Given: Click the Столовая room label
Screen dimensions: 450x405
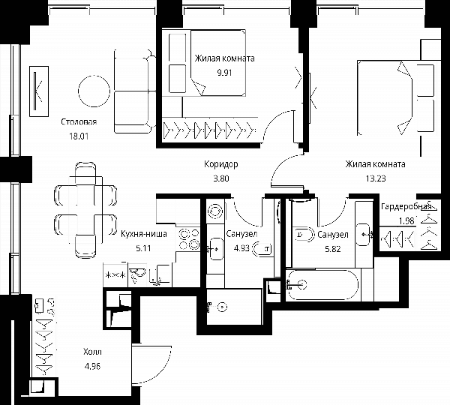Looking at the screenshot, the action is [x=79, y=122].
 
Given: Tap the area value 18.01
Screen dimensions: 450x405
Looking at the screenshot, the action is [x=79, y=136].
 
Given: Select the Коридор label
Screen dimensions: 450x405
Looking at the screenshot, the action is [x=221, y=164].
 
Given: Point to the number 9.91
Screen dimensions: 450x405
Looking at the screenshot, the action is [x=224, y=72].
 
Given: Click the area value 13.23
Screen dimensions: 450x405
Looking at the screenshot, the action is [x=376, y=178].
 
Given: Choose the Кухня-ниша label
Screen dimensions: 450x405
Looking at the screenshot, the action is [x=144, y=234].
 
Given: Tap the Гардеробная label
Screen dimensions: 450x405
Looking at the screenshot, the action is [x=406, y=207].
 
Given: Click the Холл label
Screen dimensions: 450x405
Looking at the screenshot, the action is [x=92, y=352].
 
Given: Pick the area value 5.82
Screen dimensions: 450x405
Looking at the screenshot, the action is [x=333, y=249].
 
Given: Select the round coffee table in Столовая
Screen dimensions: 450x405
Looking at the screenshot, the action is [x=94, y=91].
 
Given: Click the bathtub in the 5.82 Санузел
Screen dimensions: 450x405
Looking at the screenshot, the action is [x=323, y=285].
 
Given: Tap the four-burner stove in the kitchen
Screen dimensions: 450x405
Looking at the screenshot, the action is [x=189, y=238].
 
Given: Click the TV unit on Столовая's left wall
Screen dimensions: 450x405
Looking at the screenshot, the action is [x=39, y=91].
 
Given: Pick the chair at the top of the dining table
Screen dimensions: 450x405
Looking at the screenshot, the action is [x=85, y=173].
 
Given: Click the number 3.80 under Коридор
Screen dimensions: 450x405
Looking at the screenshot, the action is [x=221, y=178].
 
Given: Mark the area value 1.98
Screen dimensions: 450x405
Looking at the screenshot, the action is [x=406, y=221].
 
